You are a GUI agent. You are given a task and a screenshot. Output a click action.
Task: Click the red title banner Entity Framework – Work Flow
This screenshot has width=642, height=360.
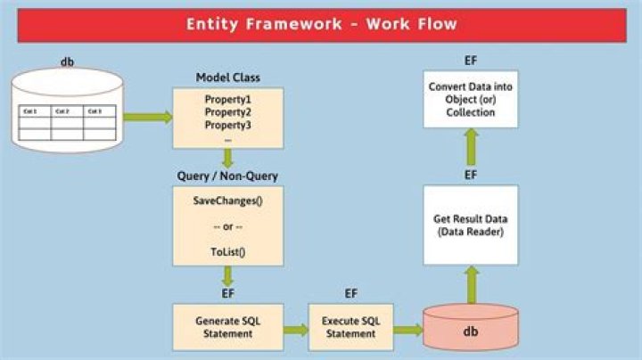pos(321,24)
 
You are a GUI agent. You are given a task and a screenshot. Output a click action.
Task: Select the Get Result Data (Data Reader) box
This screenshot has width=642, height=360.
pos(470,225)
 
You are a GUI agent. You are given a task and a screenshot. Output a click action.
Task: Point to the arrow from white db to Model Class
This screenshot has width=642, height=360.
pos(147,116)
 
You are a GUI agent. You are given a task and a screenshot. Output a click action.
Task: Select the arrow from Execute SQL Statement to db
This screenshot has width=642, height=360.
pos(408,329)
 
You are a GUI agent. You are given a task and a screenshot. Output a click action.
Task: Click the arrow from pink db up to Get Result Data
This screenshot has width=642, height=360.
pos(470,286)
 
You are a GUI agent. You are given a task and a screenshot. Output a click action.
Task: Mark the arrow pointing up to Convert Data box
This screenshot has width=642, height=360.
pos(470,144)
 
